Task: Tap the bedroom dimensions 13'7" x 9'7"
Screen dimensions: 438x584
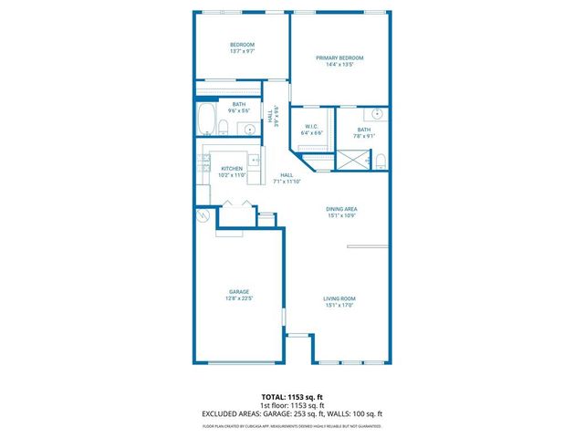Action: [x=242, y=51]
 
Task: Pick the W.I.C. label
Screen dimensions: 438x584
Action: [x=311, y=127]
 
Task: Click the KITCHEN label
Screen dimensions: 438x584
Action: [x=232, y=168]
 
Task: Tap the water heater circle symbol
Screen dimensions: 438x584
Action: [x=203, y=216]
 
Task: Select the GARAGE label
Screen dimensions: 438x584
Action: [x=239, y=292]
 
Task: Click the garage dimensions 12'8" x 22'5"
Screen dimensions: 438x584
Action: [x=239, y=298]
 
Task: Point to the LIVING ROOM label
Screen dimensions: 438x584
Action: [x=339, y=298]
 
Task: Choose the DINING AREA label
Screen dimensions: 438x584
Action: [x=341, y=209]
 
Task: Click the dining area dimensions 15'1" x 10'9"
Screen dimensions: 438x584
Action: [x=341, y=215]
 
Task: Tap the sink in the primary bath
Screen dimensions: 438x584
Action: [x=376, y=115]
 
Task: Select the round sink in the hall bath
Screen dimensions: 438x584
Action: [x=250, y=130]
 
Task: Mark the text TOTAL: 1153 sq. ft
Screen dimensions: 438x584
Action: [x=292, y=397]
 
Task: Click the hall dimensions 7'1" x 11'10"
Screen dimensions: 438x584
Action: [x=287, y=181]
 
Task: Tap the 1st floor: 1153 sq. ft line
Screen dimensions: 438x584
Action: [x=292, y=405]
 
